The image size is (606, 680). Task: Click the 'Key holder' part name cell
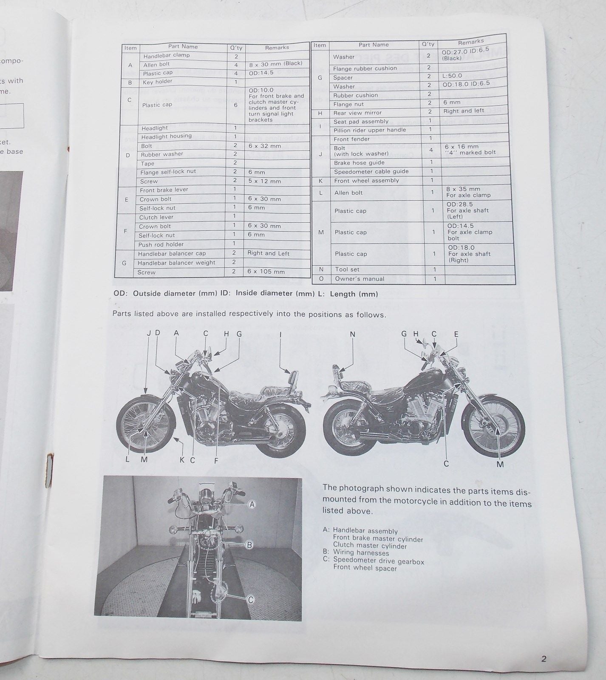click(x=157, y=82)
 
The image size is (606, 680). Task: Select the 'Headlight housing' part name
click(x=166, y=136)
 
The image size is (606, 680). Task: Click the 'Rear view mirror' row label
click(x=357, y=113)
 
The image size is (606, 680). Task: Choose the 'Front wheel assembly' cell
click(x=366, y=181)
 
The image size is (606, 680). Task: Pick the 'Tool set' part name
click(x=347, y=269)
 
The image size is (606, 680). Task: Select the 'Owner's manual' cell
click(x=360, y=279)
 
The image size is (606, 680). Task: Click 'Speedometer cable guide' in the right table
click(x=371, y=172)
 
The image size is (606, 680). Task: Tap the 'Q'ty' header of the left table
click(x=236, y=48)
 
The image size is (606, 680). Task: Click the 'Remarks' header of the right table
click(x=470, y=42)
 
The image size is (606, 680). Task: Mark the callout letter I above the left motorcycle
click(x=280, y=334)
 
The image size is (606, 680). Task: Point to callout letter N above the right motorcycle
click(x=352, y=334)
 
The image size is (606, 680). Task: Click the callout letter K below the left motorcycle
click(x=182, y=460)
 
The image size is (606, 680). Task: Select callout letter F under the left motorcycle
click(x=216, y=460)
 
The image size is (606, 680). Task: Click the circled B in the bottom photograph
click(x=250, y=545)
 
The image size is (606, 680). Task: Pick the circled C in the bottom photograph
click(x=250, y=600)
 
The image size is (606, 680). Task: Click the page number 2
click(x=544, y=659)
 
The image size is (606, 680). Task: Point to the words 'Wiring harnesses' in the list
click(x=361, y=553)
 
